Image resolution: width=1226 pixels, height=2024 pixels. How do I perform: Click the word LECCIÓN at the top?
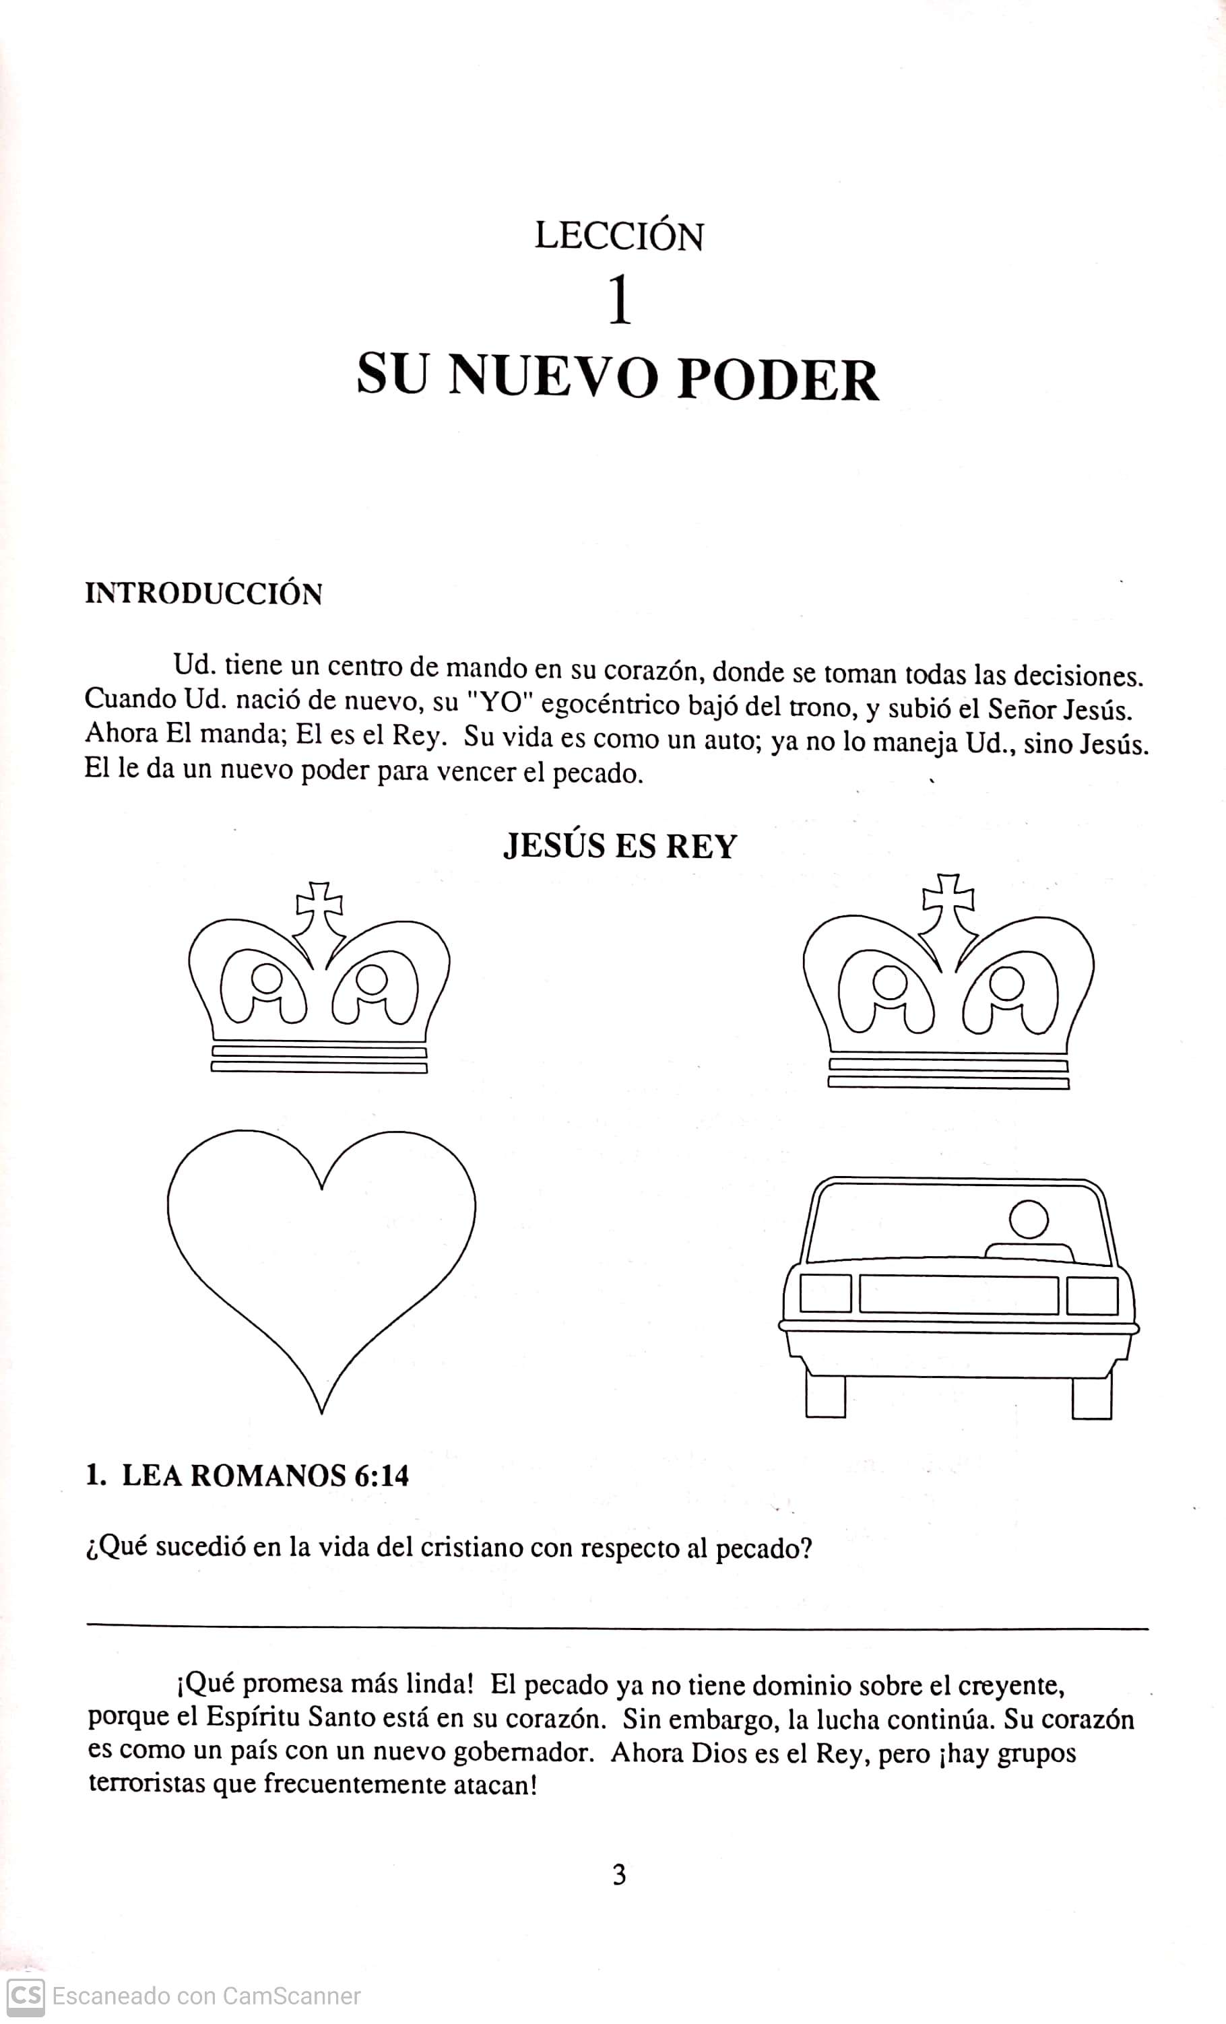click(619, 236)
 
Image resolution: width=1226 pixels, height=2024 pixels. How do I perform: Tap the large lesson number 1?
click(620, 302)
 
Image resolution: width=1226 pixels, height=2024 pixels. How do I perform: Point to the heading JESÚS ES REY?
click(620, 846)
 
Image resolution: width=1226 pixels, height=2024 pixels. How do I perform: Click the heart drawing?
click(321, 1257)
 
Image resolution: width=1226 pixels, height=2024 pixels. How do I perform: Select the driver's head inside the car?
click(1028, 1220)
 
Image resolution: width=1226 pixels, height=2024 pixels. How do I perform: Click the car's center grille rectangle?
click(958, 1295)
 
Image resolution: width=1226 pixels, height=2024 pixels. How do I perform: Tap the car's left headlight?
click(825, 1294)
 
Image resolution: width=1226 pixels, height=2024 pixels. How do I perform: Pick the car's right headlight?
click(1092, 1296)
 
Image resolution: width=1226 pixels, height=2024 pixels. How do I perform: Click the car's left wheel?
click(825, 1395)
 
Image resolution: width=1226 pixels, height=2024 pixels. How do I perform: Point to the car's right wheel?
click(1091, 1396)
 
